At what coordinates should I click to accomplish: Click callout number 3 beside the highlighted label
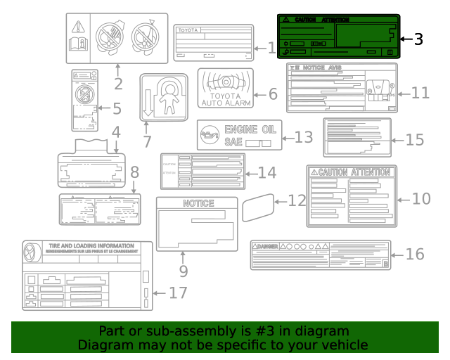click(x=418, y=39)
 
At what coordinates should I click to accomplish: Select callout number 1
click(x=273, y=48)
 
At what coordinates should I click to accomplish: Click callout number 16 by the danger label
click(x=416, y=253)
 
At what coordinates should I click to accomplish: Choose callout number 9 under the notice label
click(x=184, y=269)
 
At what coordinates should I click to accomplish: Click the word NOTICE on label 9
click(x=198, y=203)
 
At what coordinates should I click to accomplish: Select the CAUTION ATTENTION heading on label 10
click(x=352, y=172)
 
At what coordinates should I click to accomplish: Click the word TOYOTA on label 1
click(x=188, y=31)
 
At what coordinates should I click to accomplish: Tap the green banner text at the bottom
click(x=224, y=337)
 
